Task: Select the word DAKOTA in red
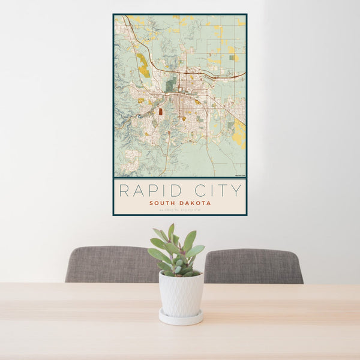pyautogui.click(x=195, y=203)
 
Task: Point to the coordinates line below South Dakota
pyautogui.click(x=179, y=209)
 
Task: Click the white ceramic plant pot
pyautogui.click(x=181, y=293)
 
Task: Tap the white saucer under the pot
pyautogui.click(x=181, y=318)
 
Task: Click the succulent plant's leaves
pyautogui.click(x=177, y=252)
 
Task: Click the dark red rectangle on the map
pyautogui.click(x=160, y=111)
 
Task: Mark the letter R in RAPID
pyautogui.click(x=124, y=191)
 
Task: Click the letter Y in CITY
pyautogui.click(x=237, y=191)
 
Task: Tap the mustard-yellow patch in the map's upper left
pyautogui.click(x=143, y=65)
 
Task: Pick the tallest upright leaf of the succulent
pyautogui.click(x=171, y=232)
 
